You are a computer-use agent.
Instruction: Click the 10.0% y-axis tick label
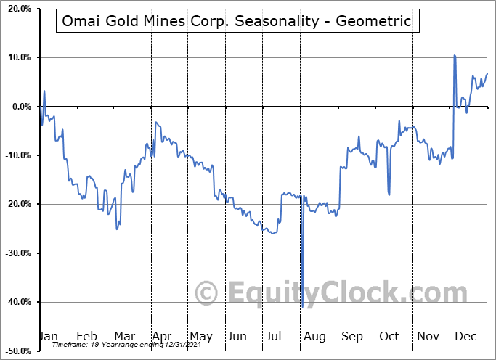(x=17, y=57)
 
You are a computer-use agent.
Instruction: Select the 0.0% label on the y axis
(x=20, y=107)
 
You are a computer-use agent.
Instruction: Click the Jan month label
(x=48, y=336)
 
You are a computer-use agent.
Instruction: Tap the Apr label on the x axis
(x=161, y=336)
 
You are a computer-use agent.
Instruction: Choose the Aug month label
(x=314, y=336)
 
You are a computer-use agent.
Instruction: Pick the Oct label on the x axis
(x=389, y=336)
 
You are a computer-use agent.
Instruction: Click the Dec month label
(x=466, y=336)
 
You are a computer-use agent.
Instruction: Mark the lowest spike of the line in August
(x=303, y=306)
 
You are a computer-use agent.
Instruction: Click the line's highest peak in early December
(x=455, y=55)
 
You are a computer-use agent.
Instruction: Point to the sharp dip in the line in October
(x=389, y=194)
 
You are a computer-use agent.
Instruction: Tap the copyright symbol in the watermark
(x=207, y=294)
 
